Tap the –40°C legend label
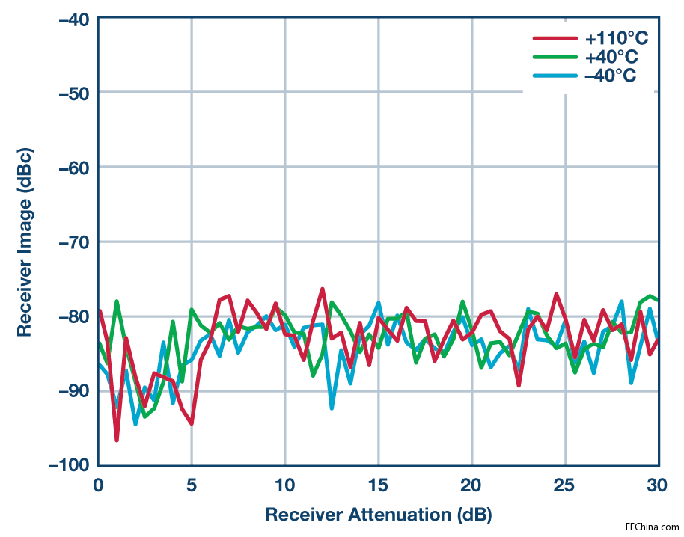click(x=611, y=76)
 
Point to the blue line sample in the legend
click(x=555, y=76)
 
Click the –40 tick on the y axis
click(x=73, y=19)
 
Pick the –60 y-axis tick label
click(x=73, y=167)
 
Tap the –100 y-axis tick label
click(x=70, y=465)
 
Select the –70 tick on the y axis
click(x=73, y=242)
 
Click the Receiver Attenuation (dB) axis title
click(x=378, y=515)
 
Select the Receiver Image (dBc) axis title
click(x=25, y=242)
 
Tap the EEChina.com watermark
click(x=652, y=527)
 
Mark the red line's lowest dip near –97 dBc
click(x=117, y=440)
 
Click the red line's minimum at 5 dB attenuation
click(x=192, y=423)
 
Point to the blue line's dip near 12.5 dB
click(x=332, y=408)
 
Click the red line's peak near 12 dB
click(x=323, y=289)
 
